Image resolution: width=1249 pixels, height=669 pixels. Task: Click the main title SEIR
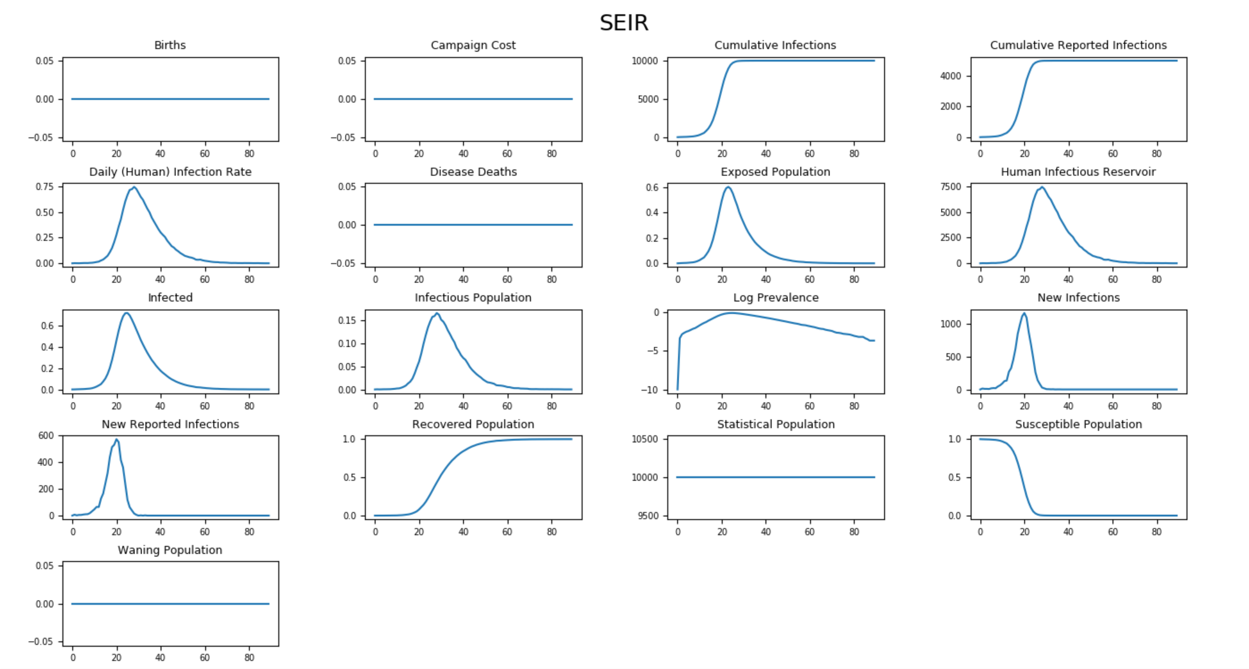pos(623,23)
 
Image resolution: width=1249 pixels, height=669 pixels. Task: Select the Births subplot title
pos(170,45)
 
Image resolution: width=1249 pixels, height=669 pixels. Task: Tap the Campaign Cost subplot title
pos(473,45)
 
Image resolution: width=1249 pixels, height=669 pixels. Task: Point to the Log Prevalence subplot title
pos(776,297)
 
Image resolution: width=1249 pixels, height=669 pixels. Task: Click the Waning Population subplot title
pos(170,550)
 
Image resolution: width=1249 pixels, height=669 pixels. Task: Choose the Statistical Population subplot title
pos(776,424)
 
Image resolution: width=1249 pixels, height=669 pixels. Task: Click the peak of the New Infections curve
pos(1024,313)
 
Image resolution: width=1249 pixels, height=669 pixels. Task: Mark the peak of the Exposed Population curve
pos(727,187)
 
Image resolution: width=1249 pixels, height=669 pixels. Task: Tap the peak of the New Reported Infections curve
pos(117,439)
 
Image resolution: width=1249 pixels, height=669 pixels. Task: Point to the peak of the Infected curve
pos(126,313)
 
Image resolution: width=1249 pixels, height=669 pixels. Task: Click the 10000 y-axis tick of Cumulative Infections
pos(645,61)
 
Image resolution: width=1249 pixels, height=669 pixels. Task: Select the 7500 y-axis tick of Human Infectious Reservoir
pos(950,187)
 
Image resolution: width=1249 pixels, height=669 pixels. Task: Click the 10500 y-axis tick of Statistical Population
pos(645,439)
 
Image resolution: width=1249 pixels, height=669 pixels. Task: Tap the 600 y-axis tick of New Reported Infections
pos(46,435)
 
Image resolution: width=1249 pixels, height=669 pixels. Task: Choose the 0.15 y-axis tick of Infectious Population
pos(347,320)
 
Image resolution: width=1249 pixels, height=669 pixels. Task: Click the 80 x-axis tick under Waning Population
pos(249,658)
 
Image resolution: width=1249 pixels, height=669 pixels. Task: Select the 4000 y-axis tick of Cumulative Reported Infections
pos(950,76)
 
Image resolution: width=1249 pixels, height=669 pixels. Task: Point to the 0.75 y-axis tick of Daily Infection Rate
pos(44,187)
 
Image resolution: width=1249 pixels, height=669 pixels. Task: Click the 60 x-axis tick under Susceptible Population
pos(1112,532)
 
